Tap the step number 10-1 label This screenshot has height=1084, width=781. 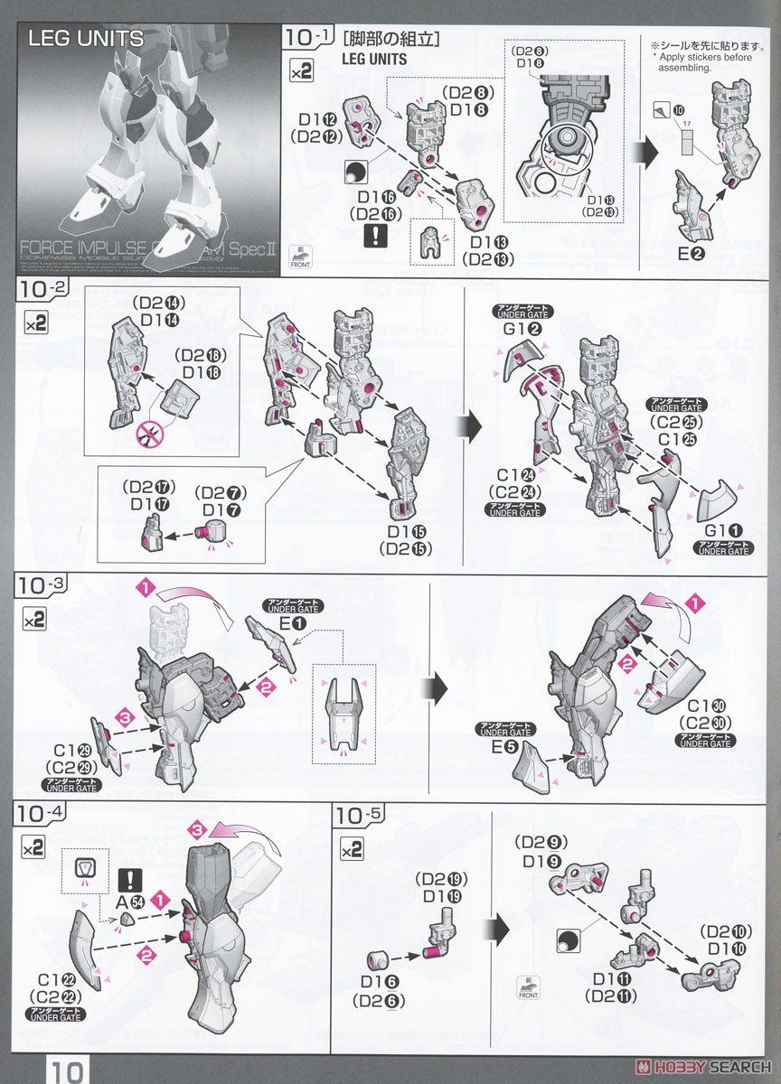(x=306, y=37)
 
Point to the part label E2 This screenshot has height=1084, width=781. (x=692, y=255)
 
